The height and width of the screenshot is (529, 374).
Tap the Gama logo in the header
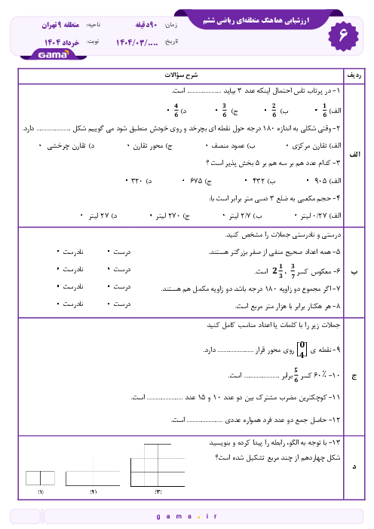coord(51,54)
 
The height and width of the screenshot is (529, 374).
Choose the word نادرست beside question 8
coord(70,305)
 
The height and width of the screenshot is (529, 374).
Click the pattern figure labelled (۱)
coord(41,478)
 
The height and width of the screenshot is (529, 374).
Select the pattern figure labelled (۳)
coord(158,466)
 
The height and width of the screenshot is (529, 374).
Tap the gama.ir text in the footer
coord(186,517)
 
